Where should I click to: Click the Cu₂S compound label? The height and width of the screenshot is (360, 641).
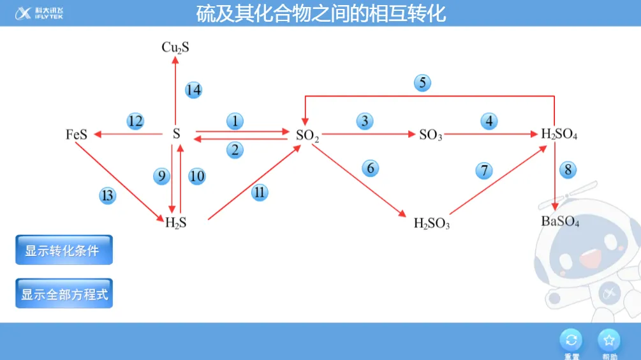[175, 47]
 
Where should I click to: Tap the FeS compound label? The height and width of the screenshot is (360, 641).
[77, 135]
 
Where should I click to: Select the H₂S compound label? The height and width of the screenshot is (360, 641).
[176, 223]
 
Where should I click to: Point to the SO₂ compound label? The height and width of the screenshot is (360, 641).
[307, 135]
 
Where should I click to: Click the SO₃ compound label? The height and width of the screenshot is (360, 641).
[431, 135]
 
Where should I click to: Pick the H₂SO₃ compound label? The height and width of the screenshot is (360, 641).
[432, 223]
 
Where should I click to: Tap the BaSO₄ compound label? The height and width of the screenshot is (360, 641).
[560, 221]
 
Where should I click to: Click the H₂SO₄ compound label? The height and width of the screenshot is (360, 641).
[559, 135]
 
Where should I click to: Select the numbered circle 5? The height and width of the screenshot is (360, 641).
[422, 82]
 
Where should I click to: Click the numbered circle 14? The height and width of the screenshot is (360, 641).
[193, 90]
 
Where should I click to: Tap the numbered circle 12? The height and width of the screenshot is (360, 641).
[135, 121]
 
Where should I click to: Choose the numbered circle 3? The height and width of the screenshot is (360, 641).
[365, 121]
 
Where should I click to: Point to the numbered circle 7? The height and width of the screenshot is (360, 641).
[484, 170]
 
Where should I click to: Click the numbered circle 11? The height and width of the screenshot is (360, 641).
[260, 193]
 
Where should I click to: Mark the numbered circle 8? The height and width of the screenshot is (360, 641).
[568, 170]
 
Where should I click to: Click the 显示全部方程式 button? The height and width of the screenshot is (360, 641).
[64, 294]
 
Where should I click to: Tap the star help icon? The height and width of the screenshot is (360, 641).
[609, 340]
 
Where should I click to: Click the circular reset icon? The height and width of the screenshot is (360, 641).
[571, 340]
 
